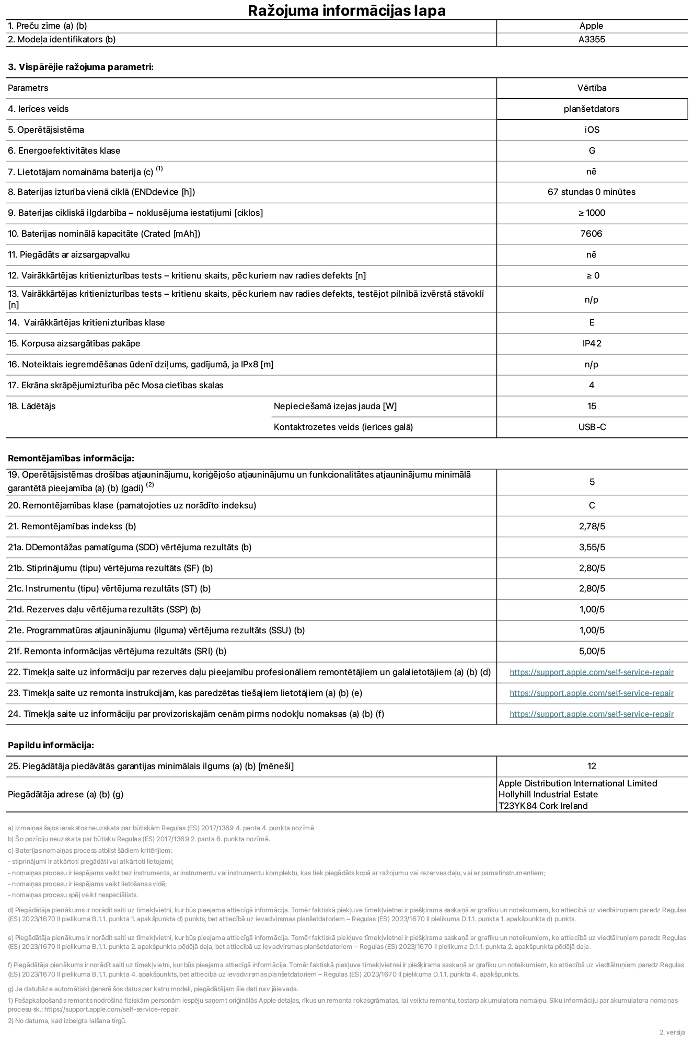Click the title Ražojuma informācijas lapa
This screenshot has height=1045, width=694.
click(x=346, y=10)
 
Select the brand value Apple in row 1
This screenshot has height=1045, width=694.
click(x=591, y=26)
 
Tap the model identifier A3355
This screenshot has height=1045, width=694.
click(x=592, y=39)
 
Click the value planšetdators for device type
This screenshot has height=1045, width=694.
click(x=592, y=109)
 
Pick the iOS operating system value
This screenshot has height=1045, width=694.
click(x=592, y=130)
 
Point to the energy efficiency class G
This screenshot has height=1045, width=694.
click(x=592, y=150)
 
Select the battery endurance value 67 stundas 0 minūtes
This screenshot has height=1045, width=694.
click(x=592, y=192)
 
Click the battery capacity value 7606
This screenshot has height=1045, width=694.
click(x=592, y=234)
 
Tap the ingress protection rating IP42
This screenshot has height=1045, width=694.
click(x=592, y=343)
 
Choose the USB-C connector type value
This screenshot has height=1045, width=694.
click(x=592, y=427)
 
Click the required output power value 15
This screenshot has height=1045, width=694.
click(x=592, y=406)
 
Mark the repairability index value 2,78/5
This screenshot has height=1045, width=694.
click(x=592, y=526)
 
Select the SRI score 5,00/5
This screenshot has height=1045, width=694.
click(x=592, y=651)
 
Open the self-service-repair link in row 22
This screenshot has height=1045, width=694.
click(x=592, y=672)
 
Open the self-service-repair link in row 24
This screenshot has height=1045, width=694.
click(x=592, y=714)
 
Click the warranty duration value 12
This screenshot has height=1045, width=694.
click(x=592, y=766)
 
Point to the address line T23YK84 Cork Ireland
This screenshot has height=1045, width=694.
click(x=543, y=806)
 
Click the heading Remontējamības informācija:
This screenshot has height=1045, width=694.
click(x=71, y=458)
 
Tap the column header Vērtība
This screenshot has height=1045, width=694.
click(x=592, y=88)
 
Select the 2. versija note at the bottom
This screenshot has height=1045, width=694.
click(x=672, y=1032)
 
